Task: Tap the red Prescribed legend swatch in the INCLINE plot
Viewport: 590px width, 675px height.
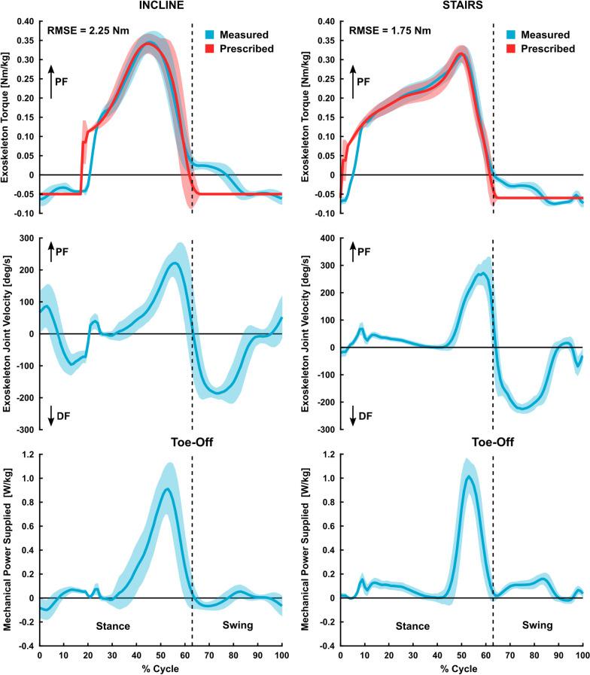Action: [x=212, y=49]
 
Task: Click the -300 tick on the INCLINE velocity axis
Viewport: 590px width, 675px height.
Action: [x=23, y=430]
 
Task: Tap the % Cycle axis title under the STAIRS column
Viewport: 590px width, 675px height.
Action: [x=461, y=668]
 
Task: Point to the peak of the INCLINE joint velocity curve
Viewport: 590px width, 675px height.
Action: [x=175, y=263]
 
